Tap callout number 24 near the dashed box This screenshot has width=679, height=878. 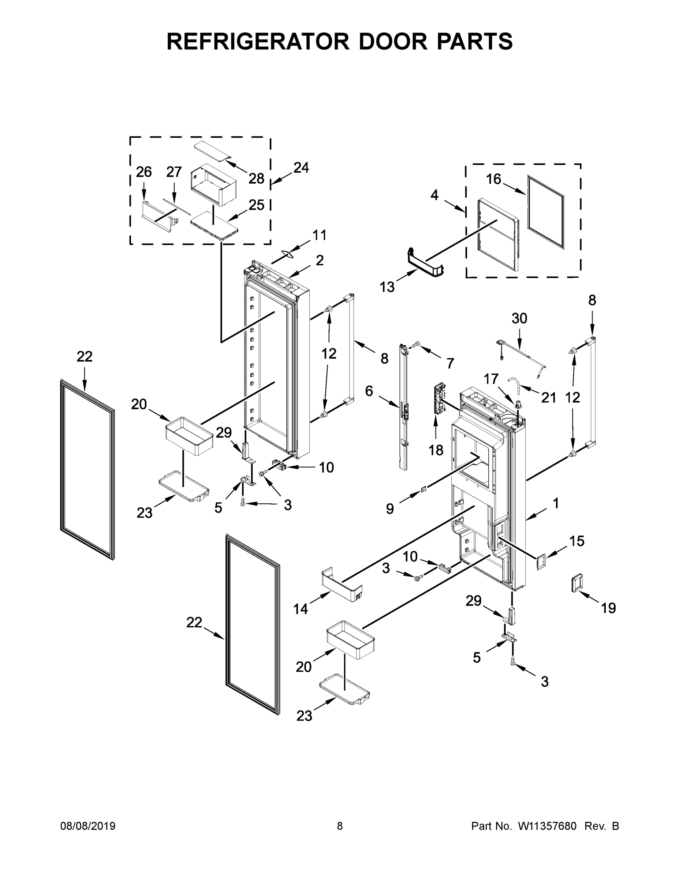pyautogui.click(x=301, y=168)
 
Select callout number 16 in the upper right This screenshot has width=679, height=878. pyautogui.click(x=493, y=179)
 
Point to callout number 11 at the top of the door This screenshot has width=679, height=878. pyautogui.click(x=320, y=235)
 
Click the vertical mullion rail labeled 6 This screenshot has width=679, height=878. pyautogui.click(x=403, y=406)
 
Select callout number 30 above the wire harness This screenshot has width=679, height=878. pyautogui.click(x=519, y=318)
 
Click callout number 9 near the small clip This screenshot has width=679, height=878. pyautogui.click(x=390, y=509)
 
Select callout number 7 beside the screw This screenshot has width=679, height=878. pyautogui.click(x=450, y=363)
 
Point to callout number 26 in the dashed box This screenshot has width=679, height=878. pyautogui.click(x=143, y=172)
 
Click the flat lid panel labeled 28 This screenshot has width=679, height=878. pyautogui.click(x=213, y=151)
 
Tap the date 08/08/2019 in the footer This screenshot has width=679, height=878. pyautogui.click(x=88, y=826)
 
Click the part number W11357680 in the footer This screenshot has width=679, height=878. pyautogui.click(x=547, y=826)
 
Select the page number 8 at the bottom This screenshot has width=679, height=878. pyautogui.click(x=340, y=826)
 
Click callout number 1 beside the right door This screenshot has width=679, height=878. pyautogui.click(x=556, y=503)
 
